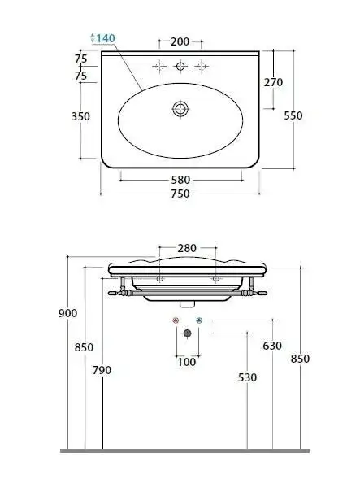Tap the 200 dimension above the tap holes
[180, 41]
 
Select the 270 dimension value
[273, 82]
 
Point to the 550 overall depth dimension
[293, 115]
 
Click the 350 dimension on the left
[80, 116]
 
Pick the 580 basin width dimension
[180, 180]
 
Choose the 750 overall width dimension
[180, 194]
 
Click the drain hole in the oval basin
[180, 109]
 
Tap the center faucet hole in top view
[180, 67]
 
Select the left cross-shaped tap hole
[159, 67]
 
